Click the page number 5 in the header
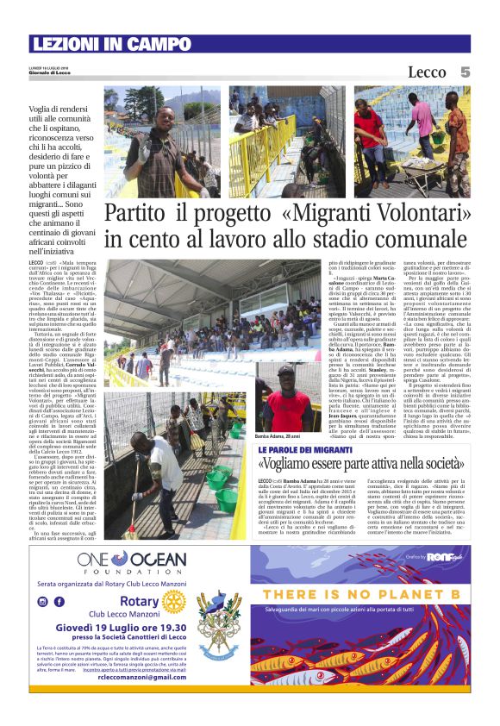[465, 72]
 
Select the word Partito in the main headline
[137, 214]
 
